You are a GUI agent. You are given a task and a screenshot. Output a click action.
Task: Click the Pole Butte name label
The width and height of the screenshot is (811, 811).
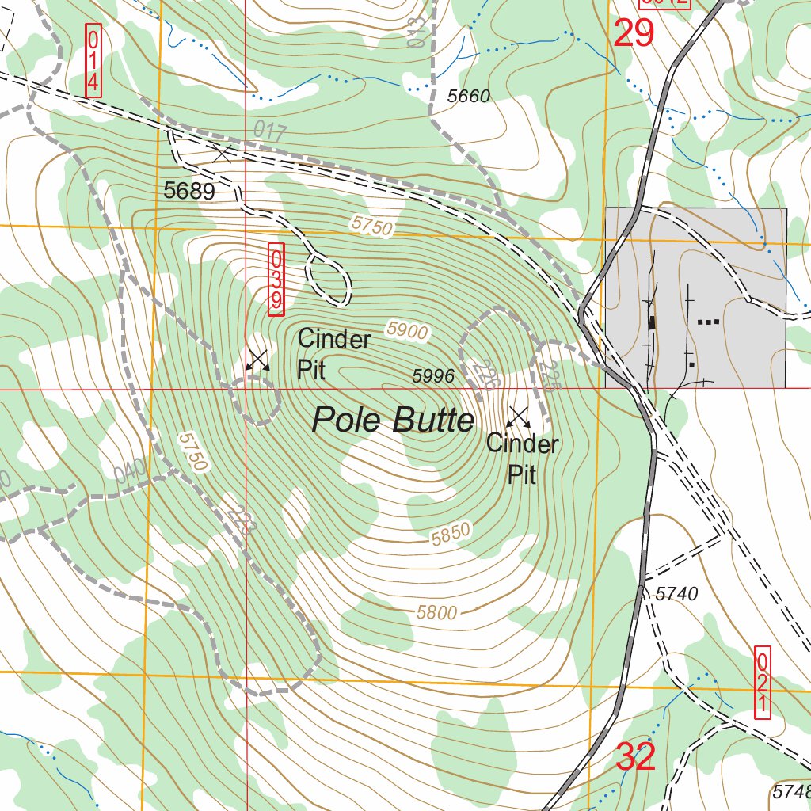coord(393,420)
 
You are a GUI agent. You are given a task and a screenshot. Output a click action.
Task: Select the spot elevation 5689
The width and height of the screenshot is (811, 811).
coord(189,191)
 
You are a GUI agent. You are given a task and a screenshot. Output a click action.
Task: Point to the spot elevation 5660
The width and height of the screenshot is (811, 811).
coord(469,97)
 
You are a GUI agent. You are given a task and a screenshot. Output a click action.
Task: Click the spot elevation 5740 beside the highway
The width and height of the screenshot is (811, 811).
coord(676,593)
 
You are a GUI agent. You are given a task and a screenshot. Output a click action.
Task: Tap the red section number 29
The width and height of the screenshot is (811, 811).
coord(634,33)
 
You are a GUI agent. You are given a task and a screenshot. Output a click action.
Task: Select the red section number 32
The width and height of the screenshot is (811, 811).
coord(636,758)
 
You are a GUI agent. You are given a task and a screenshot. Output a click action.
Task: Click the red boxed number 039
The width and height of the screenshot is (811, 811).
coord(276,279)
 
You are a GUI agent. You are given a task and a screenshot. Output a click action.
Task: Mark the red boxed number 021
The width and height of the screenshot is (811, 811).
coord(763,682)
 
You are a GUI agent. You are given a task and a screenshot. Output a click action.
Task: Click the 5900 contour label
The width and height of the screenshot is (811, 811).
coord(408,330)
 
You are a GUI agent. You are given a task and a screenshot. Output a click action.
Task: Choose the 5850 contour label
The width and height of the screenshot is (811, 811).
coord(451,535)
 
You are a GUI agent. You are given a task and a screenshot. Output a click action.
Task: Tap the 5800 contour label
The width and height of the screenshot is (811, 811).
coord(437,611)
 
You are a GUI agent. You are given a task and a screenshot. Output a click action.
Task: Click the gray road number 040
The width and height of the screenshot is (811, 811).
coord(131,471)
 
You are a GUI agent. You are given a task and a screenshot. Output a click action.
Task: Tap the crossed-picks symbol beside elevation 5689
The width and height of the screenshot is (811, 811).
coord(223,153)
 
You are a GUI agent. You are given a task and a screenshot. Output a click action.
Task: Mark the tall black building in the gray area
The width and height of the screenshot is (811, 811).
coord(653,322)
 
